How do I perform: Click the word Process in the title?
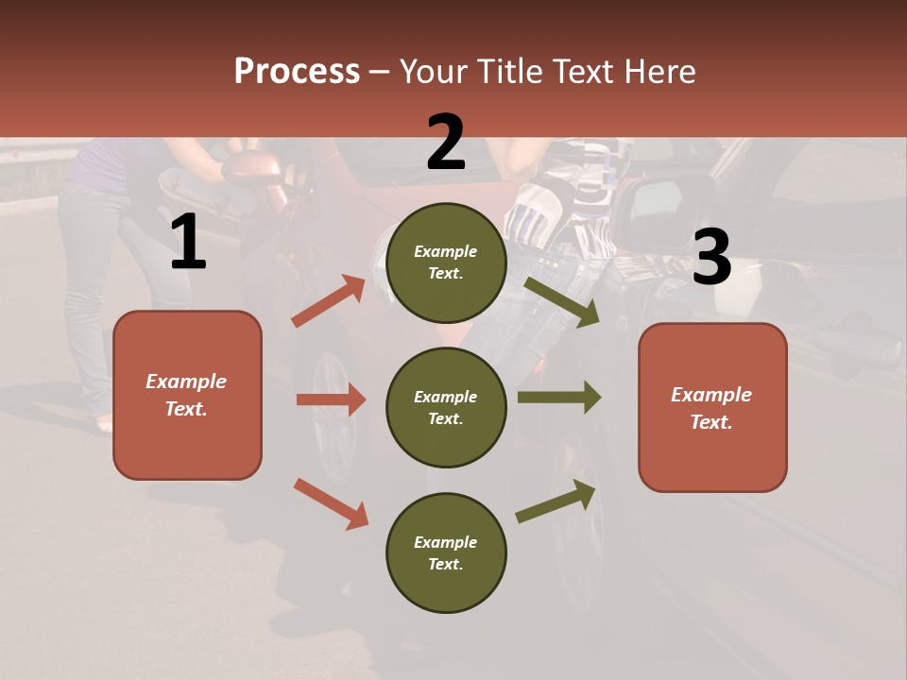click(x=297, y=72)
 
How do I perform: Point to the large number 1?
click(x=188, y=243)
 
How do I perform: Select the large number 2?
click(x=446, y=143)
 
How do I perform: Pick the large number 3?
click(x=711, y=258)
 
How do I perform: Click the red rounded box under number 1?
click(x=187, y=395)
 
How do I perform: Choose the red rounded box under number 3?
click(x=712, y=407)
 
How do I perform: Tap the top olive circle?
click(x=446, y=263)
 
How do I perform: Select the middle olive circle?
click(x=446, y=408)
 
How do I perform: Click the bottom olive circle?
click(x=446, y=552)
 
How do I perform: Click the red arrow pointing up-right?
click(x=329, y=301)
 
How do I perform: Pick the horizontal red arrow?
click(x=331, y=399)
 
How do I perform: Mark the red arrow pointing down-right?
click(x=331, y=502)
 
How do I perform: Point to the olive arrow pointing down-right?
click(x=561, y=302)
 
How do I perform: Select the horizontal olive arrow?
click(x=559, y=398)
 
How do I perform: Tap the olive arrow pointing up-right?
click(x=556, y=501)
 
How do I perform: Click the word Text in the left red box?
click(x=186, y=409)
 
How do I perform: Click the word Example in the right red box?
click(x=711, y=395)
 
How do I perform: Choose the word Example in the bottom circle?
click(x=446, y=542)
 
